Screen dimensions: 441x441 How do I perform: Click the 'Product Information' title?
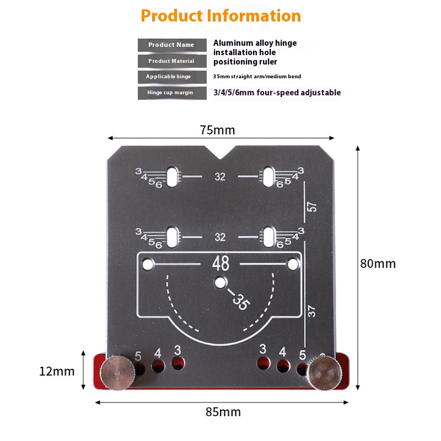220,15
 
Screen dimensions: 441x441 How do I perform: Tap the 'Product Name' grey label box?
171,45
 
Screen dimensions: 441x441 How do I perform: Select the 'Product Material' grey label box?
171,61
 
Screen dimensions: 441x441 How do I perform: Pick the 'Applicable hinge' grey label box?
171,77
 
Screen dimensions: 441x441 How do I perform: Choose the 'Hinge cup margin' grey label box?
171,93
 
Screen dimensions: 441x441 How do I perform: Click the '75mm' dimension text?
217,130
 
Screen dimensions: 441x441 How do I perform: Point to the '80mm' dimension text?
378,263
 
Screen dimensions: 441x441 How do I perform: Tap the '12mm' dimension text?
57,371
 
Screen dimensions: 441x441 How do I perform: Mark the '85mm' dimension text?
222,412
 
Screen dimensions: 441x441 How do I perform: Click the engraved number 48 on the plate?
220,264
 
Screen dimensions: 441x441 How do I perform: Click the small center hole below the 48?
220,283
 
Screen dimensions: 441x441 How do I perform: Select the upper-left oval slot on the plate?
173,176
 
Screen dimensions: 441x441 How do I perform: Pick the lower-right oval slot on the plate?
268,237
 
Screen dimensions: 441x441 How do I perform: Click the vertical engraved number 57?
313,207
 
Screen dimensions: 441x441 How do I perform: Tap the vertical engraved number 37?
312,311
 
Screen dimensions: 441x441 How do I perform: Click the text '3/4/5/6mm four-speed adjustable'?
277,93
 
